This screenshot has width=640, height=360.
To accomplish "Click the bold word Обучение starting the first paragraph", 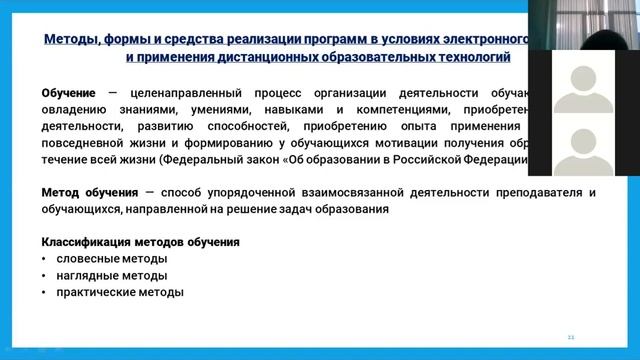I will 68,93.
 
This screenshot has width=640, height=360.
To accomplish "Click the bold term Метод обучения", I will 90,192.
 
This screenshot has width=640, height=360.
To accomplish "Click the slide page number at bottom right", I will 571,336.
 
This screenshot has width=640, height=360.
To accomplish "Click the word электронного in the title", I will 480,40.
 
